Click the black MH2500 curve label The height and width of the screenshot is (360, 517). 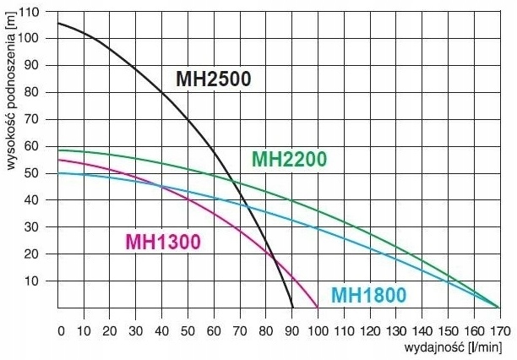(x=214, y=79)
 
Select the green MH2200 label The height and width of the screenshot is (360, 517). (x=289, y=159)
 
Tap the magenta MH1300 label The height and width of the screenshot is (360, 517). (x=163, y=243)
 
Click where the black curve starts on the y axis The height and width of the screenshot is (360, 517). (x=58, y=23)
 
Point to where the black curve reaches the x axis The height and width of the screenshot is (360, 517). (x=292, y=308)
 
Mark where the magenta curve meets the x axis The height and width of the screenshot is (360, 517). (x=318, y=308)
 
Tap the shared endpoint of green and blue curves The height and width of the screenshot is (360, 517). (x=498, y=308)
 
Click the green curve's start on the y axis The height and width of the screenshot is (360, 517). (x=58, y=150)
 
